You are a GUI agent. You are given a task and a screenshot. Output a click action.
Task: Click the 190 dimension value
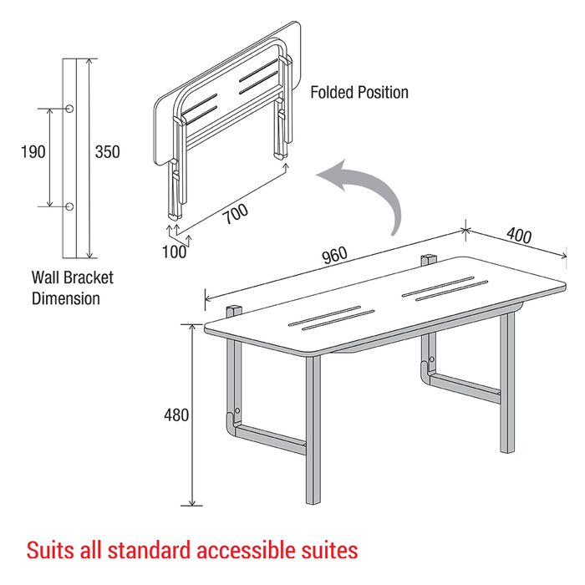click(33, 152)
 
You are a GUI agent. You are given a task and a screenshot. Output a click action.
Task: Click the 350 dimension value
click(108, 152)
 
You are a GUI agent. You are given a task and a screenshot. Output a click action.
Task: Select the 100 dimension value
click(174, 252)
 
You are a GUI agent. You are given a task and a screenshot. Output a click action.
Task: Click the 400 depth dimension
click(519, 236)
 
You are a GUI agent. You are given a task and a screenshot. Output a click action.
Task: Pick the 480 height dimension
click(176, 415)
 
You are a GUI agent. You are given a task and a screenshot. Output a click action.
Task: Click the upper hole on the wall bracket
click(69, 109)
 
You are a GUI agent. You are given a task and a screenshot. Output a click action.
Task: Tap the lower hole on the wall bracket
click(69, 206)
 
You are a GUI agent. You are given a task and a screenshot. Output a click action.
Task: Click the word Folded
click(332, 92)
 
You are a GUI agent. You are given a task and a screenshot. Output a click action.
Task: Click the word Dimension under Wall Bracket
click(66, 298)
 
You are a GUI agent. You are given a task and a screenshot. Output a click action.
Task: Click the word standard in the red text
click(150, 550)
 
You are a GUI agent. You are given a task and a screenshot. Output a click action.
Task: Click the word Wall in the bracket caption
click(45, 277)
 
